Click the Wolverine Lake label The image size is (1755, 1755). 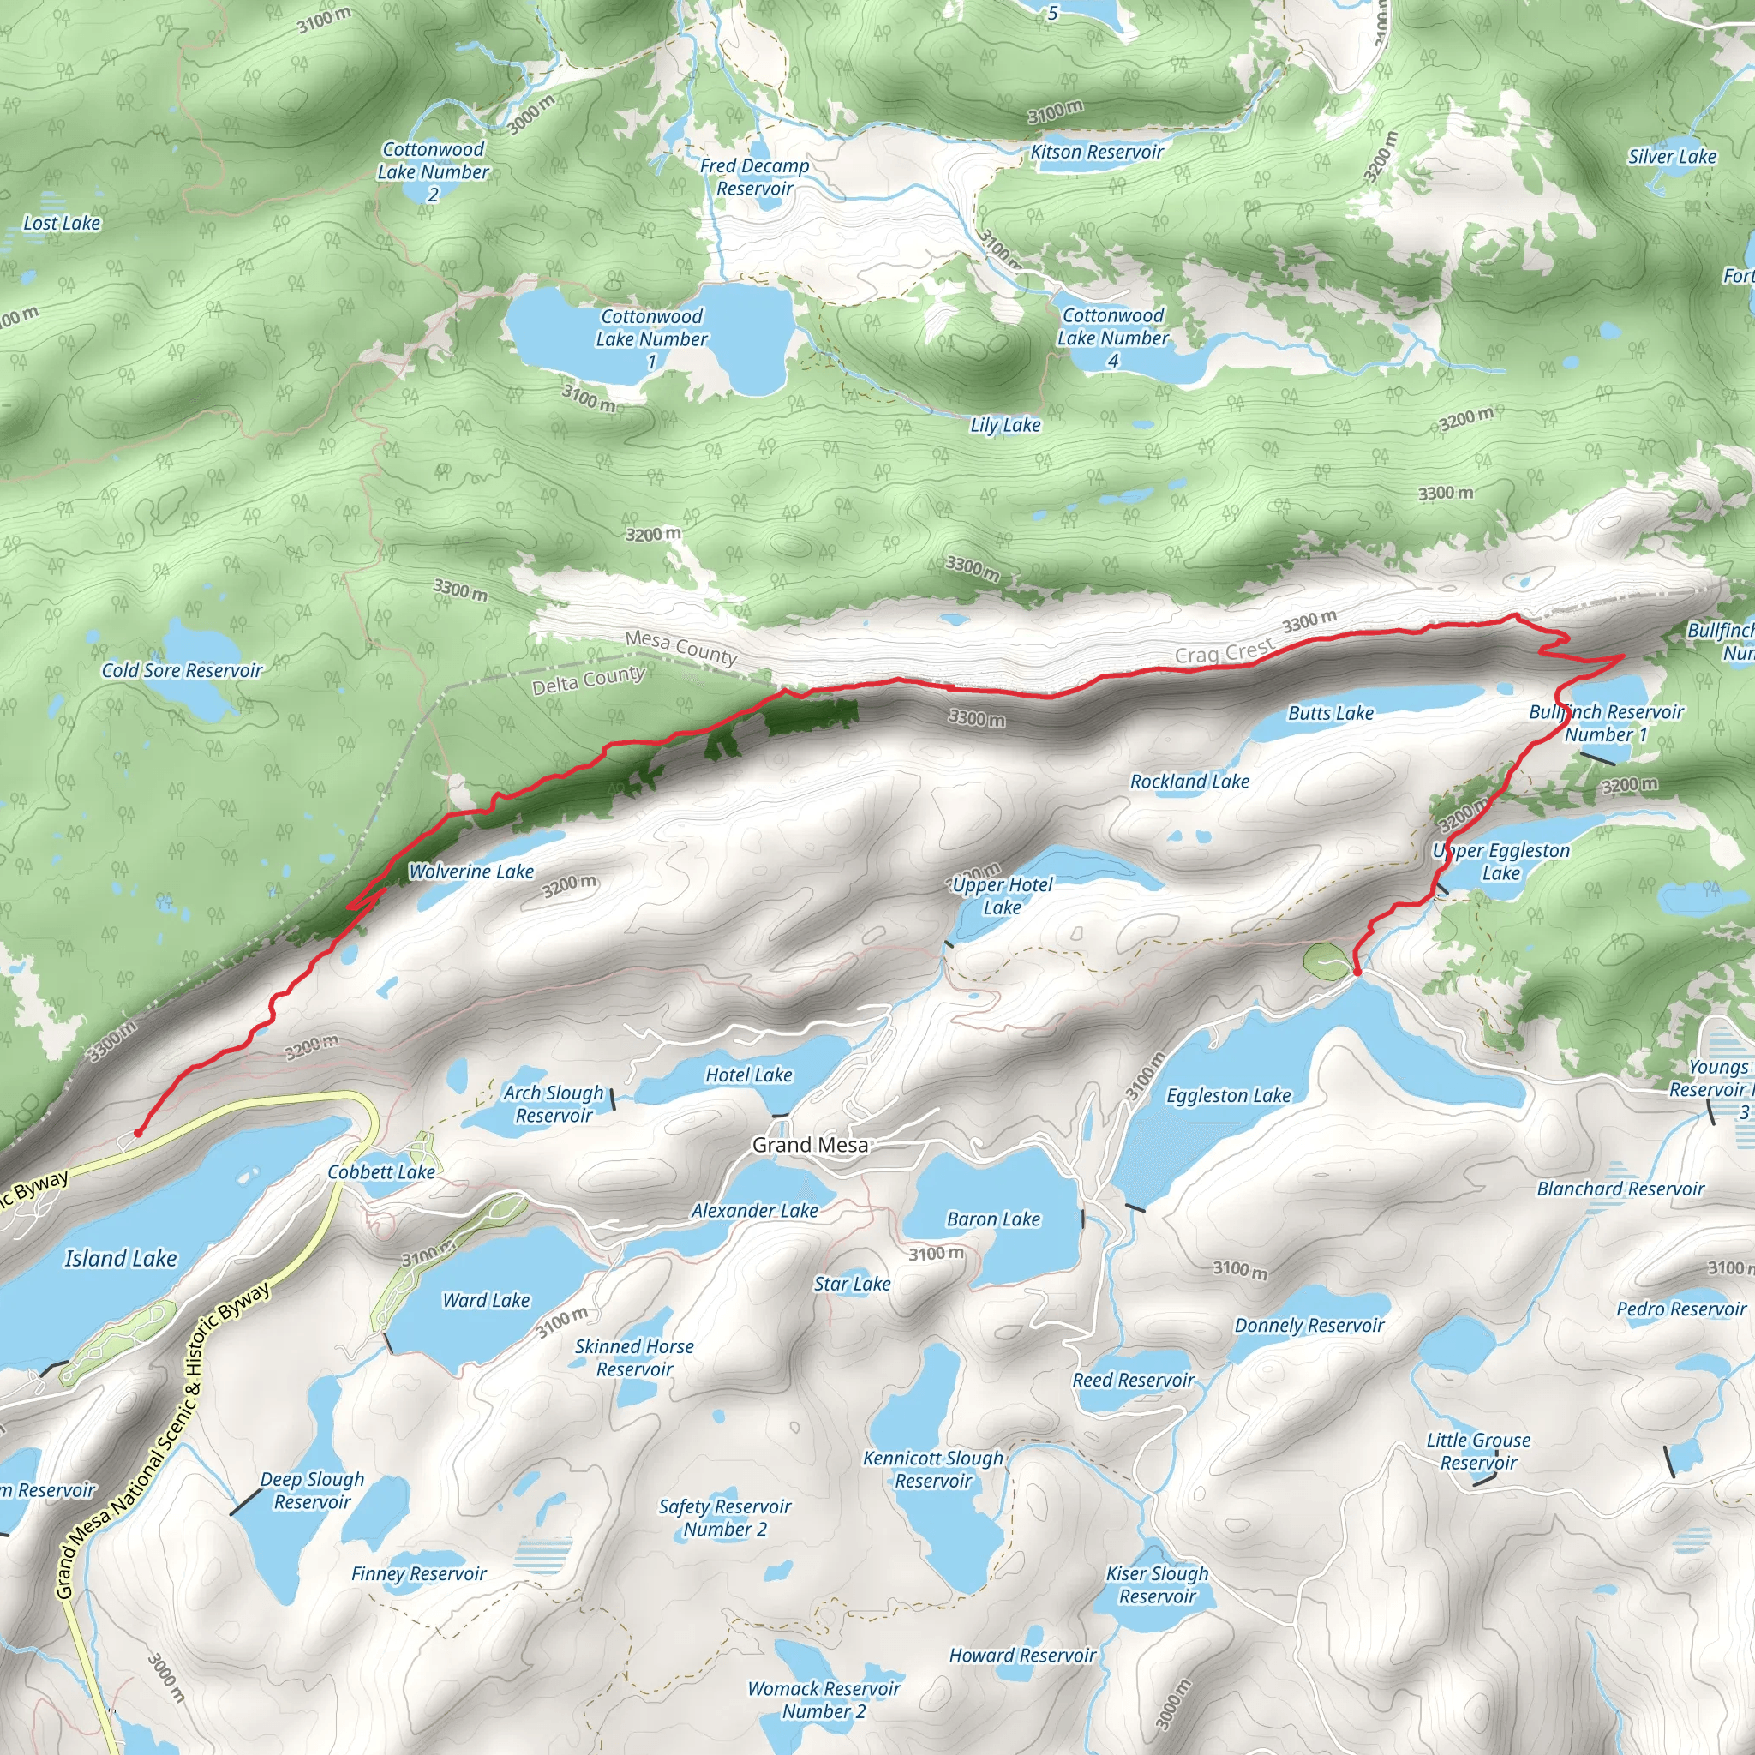[x=470, y=872]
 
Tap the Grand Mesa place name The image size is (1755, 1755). [x=809, y=1145]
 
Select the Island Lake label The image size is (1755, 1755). [x=120, y=1258]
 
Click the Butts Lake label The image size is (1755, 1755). [x=1330, y=713]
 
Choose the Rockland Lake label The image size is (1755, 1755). [x=1189, y=782]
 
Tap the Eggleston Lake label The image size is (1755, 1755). [x=1228, y=1095]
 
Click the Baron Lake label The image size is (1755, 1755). [x=993, y=1219]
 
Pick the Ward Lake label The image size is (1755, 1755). [x=486, y=1300]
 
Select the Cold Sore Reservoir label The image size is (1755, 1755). [x=182, y=670]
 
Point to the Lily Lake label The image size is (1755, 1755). [x=1004, y=425]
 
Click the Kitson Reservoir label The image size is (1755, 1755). [x=1096, y=152]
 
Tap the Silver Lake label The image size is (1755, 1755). [x=1671, y=156]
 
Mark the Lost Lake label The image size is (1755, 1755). [x=62, y=223]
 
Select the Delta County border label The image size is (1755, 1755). [x=589, y=680]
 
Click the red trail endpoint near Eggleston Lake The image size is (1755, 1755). [x=1357, y=972]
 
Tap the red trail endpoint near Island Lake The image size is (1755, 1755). [x=137, y=1132]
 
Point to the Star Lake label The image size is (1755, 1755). [x=851, y=1284]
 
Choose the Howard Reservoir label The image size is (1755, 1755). [x=1022, y=1655]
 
